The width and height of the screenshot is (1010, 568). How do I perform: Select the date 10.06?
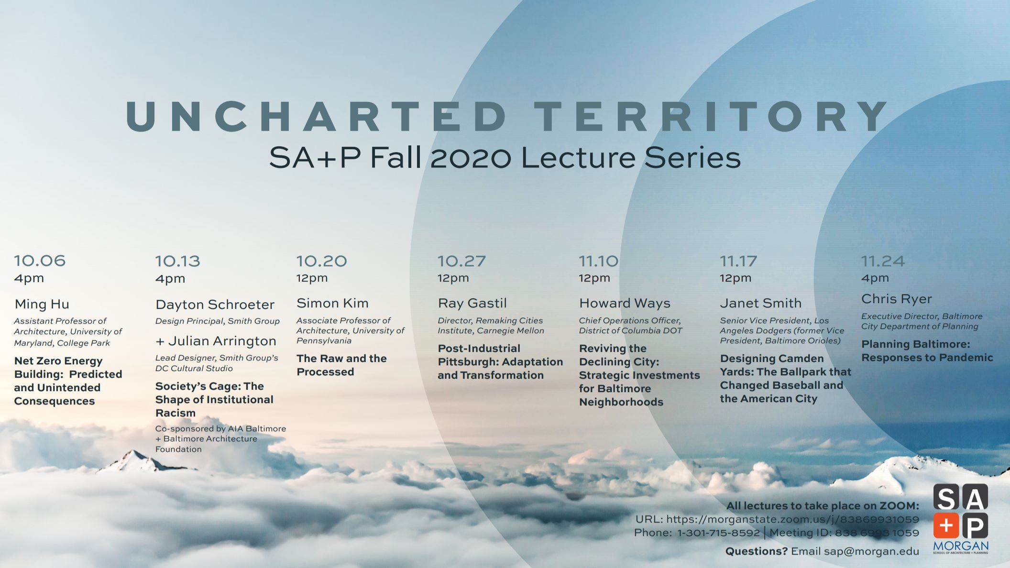pyautogui.click(x=40, y=261)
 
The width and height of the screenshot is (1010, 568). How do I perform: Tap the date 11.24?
pyautogui.click(x=883, y=261)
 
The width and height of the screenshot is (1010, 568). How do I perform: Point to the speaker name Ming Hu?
pyautogui.click(x=42, y=304)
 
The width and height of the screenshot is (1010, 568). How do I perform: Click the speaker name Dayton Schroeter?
pyautogui.click(x=215, y=305)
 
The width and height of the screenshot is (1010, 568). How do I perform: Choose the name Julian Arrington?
pyautogui.click(x=222, y=341)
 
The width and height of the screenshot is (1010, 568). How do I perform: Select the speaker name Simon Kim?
pyautogui.click(x=332, y=303)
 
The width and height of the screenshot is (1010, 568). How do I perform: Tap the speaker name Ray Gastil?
pyautogui.click(x=472, y=303)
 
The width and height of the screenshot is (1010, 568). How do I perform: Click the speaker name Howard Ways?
pyautogui.click(x=625, y=303)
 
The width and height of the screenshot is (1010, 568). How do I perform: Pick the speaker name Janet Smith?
pyautogui.click(x=760, y=303)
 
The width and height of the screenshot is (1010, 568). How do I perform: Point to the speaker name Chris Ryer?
pyautogui.click(x=897, y=299)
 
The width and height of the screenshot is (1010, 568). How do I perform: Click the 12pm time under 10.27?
pyautogui.click(x=453, y=278)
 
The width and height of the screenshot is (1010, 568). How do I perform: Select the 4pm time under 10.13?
pyautogui.click(x=170, y=279)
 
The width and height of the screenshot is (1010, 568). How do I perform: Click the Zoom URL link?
pyautogui.click(x=792, y=519)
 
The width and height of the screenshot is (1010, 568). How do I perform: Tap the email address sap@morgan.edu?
pyautogui.click(x=871, y=551)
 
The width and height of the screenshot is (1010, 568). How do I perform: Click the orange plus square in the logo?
pyautogui.click(x=946, y=525)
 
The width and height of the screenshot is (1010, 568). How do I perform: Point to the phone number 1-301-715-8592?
pyautogui.click(x=718, y=533)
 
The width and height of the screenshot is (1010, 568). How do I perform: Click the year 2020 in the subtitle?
pyautogui.click(x=471, y=158)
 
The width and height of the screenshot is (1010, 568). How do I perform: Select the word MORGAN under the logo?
pyautogui.click(x=961, y=546)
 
